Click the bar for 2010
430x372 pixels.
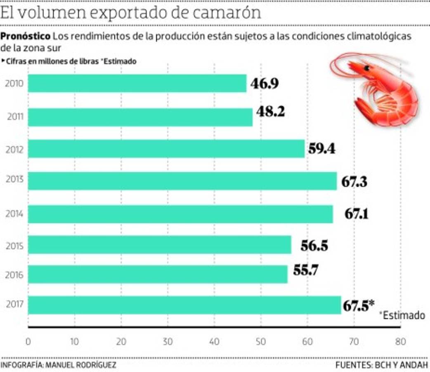coord(137,83)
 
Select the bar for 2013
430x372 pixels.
coord(182,181)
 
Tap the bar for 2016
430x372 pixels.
coord(158,274)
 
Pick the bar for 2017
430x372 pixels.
coord(184,305)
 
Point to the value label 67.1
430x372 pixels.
coord(357,214)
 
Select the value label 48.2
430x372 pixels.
coord(270,112)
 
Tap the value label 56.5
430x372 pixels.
coord(314,246)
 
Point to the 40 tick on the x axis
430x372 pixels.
coord(214,342)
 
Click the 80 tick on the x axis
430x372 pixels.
coord(400,342)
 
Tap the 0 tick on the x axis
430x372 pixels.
coord(28,342)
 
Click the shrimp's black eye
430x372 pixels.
coord(366,69)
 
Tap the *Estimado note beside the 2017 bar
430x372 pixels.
coord(402,315)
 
